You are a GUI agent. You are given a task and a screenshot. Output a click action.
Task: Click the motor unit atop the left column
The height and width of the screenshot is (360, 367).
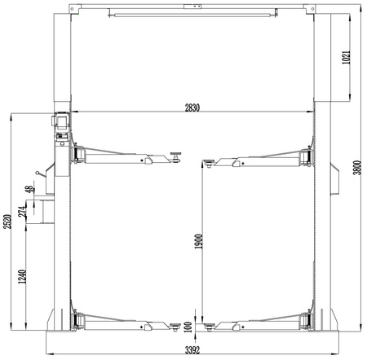60,121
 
